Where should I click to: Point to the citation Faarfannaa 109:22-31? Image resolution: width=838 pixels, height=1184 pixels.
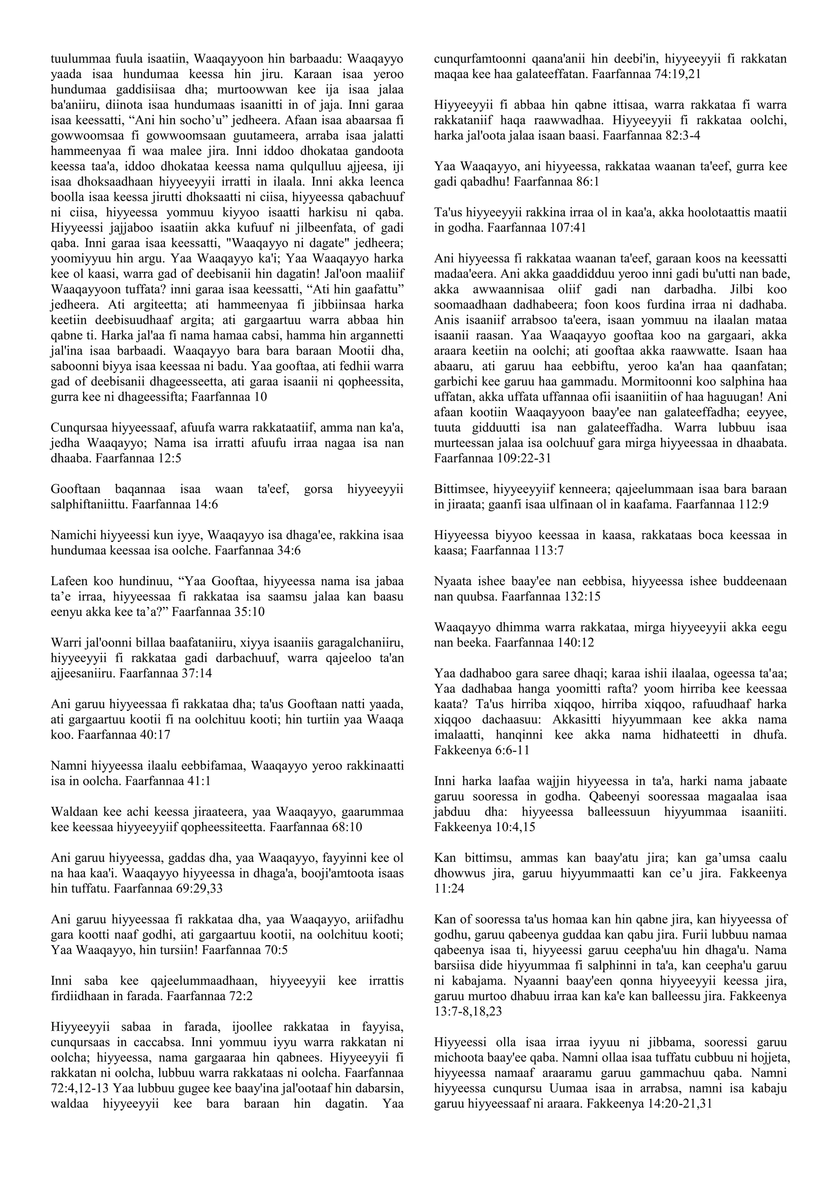point(492,458)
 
